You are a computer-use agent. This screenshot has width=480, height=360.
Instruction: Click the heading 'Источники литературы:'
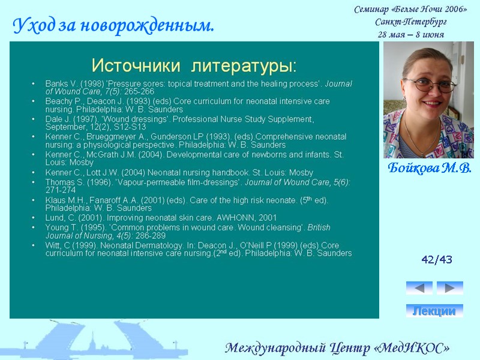tap(194, 64)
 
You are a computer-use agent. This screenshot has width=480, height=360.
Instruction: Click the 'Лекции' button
tap(434, 311)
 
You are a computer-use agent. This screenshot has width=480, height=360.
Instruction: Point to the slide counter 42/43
tap(437, 259)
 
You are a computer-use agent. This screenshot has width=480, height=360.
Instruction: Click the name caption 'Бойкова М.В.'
tap(429, 167)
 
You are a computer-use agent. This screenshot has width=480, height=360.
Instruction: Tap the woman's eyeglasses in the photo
tap(430, 85)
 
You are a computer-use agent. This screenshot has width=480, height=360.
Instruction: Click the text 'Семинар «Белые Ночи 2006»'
tap(410, 9)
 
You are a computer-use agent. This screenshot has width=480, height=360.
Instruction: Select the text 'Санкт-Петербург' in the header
tap(410, 22)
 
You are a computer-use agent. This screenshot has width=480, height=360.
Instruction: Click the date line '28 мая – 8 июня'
tap(410, 34)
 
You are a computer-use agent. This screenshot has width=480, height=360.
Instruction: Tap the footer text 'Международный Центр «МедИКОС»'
tap(337, 348)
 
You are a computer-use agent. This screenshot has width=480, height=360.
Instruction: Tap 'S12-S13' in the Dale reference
tap(129, 127)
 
